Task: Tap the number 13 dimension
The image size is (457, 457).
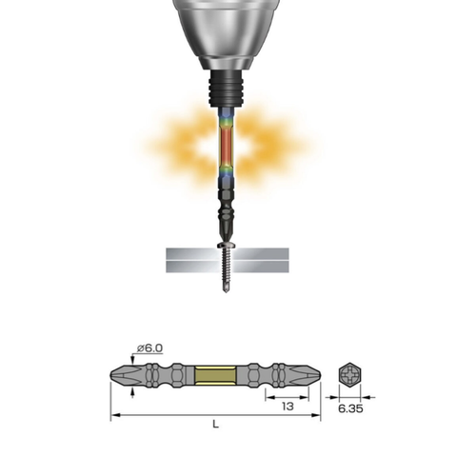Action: click(x=287, y=406)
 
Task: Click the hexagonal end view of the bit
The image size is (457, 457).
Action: click(x=350, y=373)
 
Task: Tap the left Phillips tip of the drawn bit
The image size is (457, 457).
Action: click(x=121, y=373)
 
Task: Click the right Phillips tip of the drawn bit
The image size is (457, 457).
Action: click(x=303, y=373)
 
